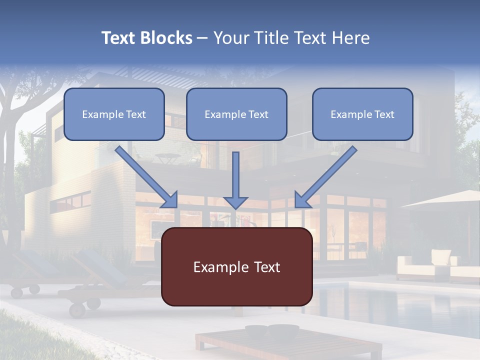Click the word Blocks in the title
pyautogui.click(x=166, y=38)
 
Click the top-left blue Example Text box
pyautogui.click(x=114, y=114)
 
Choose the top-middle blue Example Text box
pyautogui.click(x=236, y=114)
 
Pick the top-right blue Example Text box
pyautogui.click(x=362, y=114)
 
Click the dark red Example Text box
pyautogui.click(x=236, y=266)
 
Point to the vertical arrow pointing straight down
pyautogui.click(x=235, y=180)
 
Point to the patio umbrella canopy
pyautogui.click(x=445, y=200)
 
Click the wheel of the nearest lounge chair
pyautogui.click(x=78, y=309)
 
